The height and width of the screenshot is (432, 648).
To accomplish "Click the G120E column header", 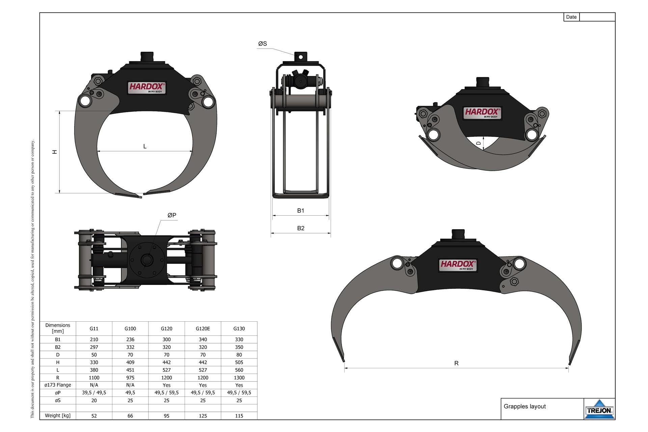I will point(202,328).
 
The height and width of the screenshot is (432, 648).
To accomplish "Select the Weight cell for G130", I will point(239,416).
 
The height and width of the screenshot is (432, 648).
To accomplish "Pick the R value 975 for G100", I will point(130,378).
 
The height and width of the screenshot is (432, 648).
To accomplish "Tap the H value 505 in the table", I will point(239,362).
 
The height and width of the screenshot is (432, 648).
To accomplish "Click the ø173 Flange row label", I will point(58,385).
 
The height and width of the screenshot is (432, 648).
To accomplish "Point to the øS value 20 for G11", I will point(94,401).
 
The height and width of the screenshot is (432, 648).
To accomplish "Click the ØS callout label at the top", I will point(263,44).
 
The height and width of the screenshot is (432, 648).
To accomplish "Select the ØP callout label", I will point(172,215).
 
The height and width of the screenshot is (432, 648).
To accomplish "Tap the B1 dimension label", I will point(301,211).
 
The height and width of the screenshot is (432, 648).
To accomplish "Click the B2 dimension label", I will point(301,228).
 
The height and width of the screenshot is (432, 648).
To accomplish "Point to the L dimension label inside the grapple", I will point(145,146).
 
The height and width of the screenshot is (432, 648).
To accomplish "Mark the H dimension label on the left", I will point(55,152).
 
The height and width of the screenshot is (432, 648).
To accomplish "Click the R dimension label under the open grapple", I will point(456,363).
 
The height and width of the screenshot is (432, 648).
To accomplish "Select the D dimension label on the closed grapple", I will point(478,143).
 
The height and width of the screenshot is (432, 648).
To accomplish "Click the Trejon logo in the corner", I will point(599,410).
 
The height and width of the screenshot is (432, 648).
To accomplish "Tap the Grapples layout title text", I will point(524,406).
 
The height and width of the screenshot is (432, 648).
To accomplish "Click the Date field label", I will point(571,17).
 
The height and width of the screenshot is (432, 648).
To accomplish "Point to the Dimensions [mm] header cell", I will point(58,328).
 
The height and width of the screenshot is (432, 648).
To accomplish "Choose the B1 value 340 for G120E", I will point(202,340).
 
